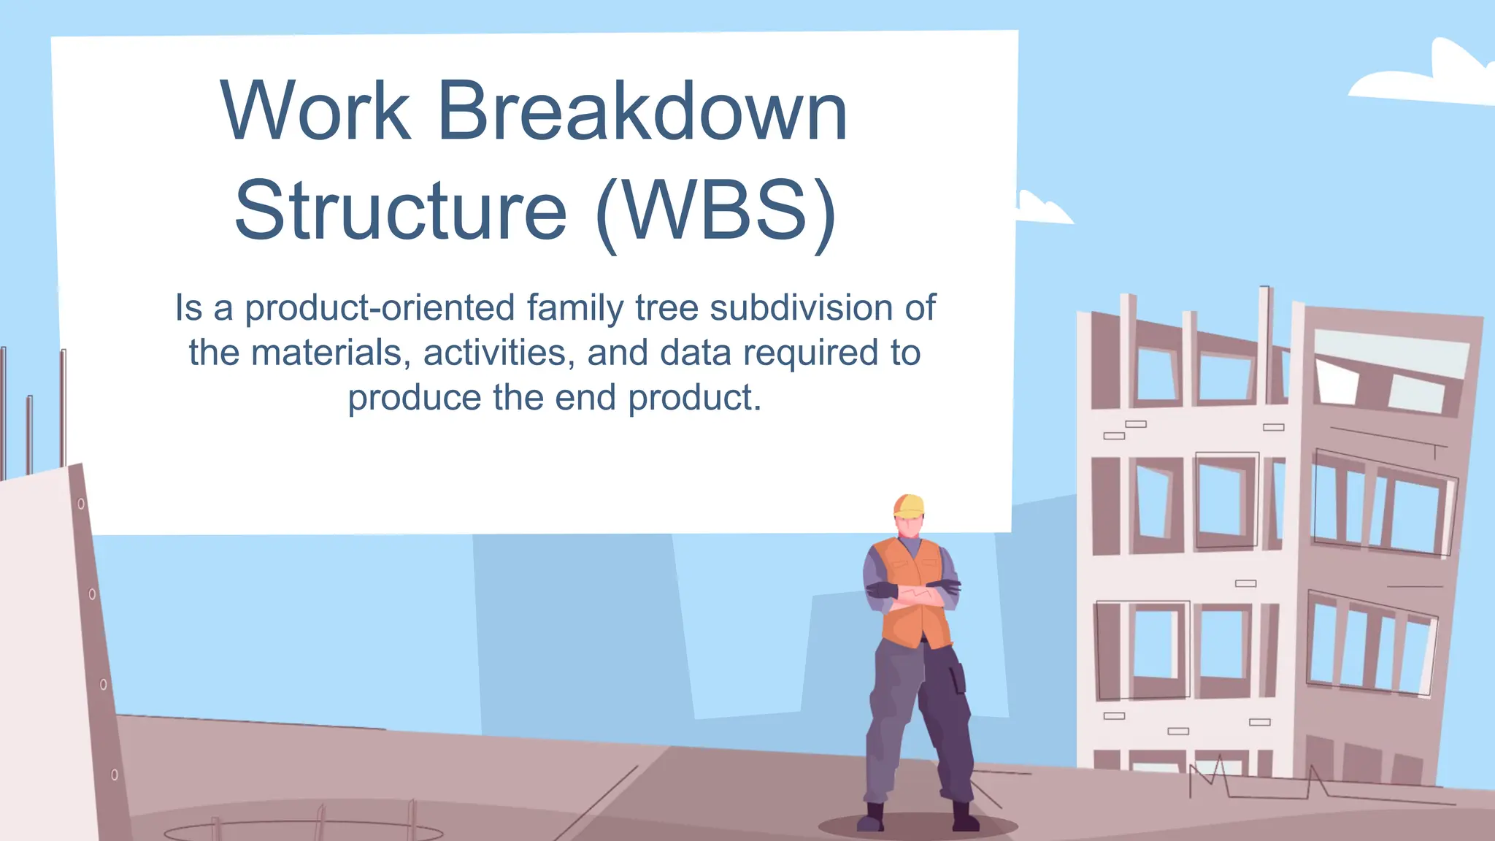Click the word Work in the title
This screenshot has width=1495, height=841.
[315, 111]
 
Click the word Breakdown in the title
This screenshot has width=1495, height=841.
[642, 111]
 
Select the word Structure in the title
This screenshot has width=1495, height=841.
[401, 210]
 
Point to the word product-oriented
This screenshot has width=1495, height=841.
[380, 308]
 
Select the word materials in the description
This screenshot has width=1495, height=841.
[326, 353]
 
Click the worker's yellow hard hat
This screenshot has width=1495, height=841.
[910, 506]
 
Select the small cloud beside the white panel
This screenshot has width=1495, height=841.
[1042, 210]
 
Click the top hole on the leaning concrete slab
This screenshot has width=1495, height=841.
[81, 504]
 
